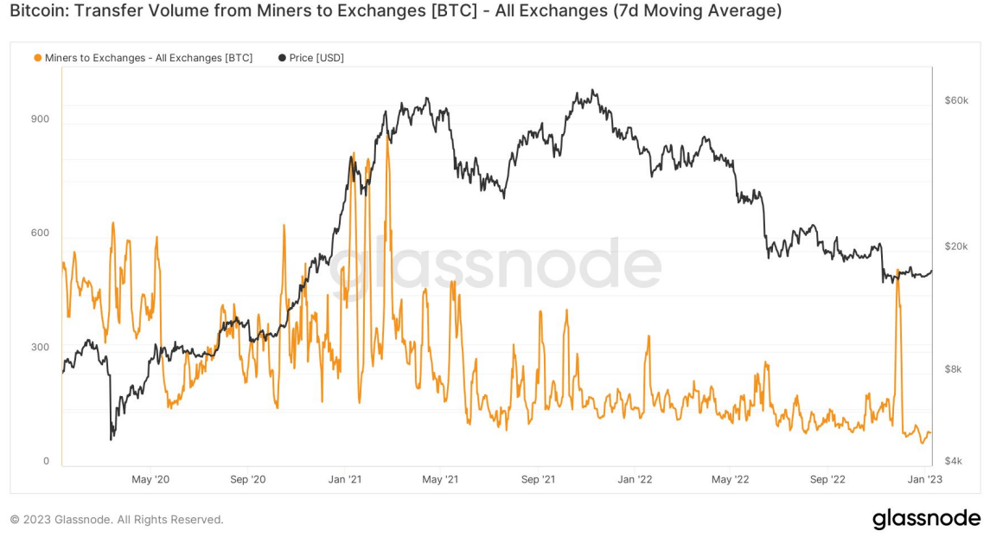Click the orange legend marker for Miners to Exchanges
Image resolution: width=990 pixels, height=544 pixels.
37,58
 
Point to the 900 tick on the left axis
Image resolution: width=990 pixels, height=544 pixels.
41,119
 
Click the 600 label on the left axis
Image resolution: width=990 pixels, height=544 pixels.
41,234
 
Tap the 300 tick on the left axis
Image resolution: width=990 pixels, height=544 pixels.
41,348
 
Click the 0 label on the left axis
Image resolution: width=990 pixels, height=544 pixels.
46,461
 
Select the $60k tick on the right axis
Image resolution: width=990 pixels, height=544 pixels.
956,101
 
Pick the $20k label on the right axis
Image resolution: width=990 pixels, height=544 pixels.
956,246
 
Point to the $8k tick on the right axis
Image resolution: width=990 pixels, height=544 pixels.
954,369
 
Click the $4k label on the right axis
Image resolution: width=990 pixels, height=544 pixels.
954,461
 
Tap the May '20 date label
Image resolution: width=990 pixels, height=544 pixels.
152,479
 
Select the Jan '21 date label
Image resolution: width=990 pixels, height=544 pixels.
345,479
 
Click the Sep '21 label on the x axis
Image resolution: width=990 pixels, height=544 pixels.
538,479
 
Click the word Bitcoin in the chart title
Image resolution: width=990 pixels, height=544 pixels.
36,11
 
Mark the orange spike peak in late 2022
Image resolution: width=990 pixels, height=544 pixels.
898,270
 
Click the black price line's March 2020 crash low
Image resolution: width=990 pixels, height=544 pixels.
112,439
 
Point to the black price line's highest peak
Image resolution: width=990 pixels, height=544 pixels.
592,90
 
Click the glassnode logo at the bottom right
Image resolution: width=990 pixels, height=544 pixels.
926,519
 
